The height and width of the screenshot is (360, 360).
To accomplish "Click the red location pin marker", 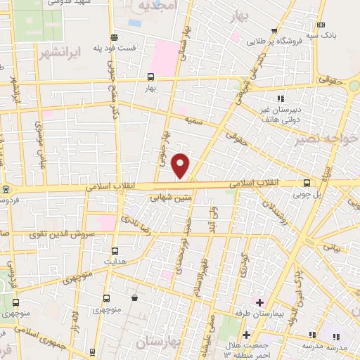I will tap(181, 166).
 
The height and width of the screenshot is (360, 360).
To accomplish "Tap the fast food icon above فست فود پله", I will tap(114, 38).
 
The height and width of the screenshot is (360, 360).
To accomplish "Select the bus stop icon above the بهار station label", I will tap(150, 78).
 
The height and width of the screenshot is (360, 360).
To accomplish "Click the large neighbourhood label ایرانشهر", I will tap(89, 51).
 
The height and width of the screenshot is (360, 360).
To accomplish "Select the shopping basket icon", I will tap(134, 298).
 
